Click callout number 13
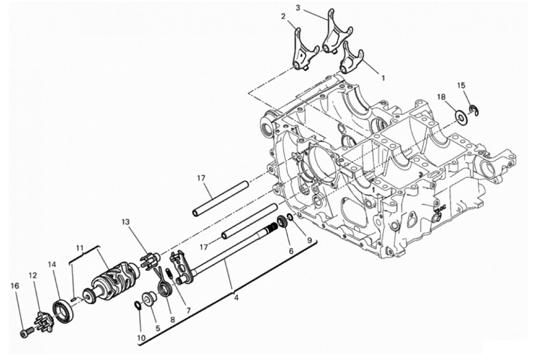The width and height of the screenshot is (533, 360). coord(125,222)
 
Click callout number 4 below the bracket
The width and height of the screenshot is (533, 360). coord(236,298)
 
